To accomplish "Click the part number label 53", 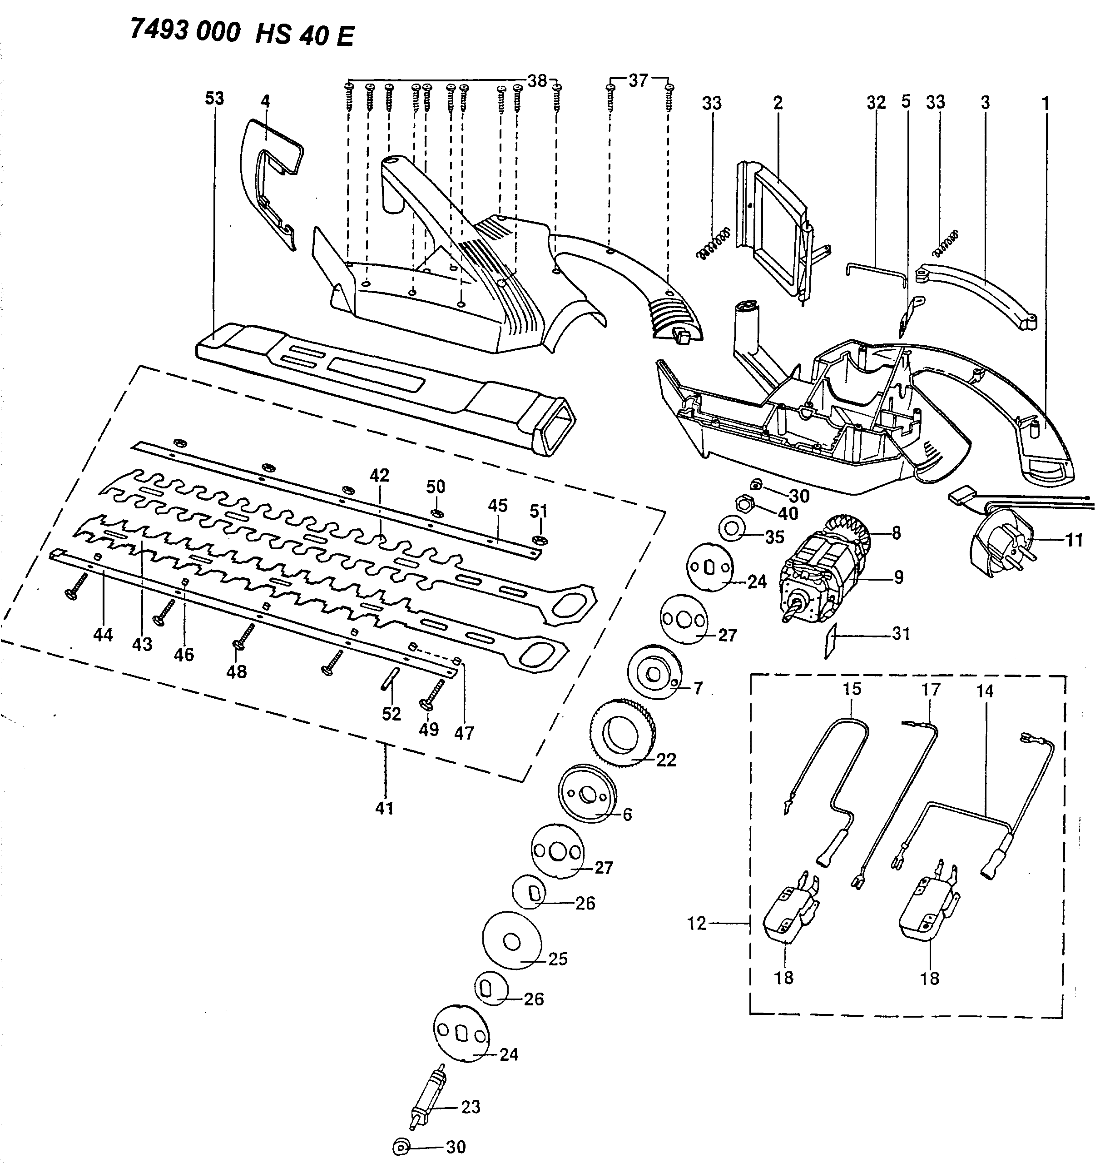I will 214,98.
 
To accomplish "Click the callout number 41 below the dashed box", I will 385,808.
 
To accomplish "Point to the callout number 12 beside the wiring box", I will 697,923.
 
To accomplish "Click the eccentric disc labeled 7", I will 655,674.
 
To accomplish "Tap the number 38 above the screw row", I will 537,80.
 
